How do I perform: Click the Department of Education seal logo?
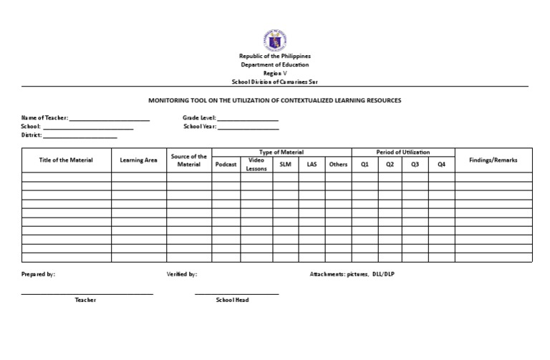click(x=275, y=40)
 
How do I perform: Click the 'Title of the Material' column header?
click(x=66, y=160)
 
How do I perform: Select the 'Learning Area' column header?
click(x=139, y=160)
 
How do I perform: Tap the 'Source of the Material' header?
click(x=189, y=160)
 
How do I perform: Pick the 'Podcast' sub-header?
click(x=226, y=165)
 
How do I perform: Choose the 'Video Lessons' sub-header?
click(x=256, y=165)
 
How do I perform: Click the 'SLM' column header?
click(x=285, y=165)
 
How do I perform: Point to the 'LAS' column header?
click(x=312, y=165)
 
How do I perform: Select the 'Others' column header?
click(x=338, y=165)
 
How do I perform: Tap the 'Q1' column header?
click(x=365, y=165)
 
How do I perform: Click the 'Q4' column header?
click(x=441, y=165)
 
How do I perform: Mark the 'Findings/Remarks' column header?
click(x=493, y=160)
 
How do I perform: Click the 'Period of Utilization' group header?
click(x=403, y=152)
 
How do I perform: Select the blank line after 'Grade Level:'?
click(x=248, y=119)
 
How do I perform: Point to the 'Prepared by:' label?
click(x=38, y=274)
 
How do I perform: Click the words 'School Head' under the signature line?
click(x=233, y=300)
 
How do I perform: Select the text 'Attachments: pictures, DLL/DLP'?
click(x=352, y=274)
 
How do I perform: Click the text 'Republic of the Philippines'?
click(x=275, y=57)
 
